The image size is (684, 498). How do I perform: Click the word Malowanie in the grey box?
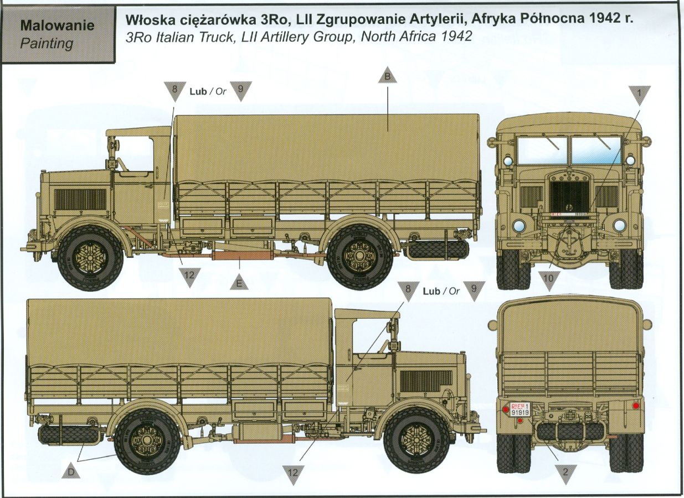pyautogui.click(x=57, y=25)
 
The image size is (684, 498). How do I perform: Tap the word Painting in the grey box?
pyautogui.click(x=47, y=43)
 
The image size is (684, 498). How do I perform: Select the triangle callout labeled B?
pyautogui.click(x=388, y=75)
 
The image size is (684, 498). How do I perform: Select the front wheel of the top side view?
pyautogui.click(x=90, y=258)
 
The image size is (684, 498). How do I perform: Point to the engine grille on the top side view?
pyautogui.click(x=80, y=199)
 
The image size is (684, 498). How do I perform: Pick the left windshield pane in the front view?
pyautogui.click(x=542, y=150)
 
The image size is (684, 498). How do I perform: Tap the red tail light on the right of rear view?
pyautogui.click(x=636, y=406)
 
